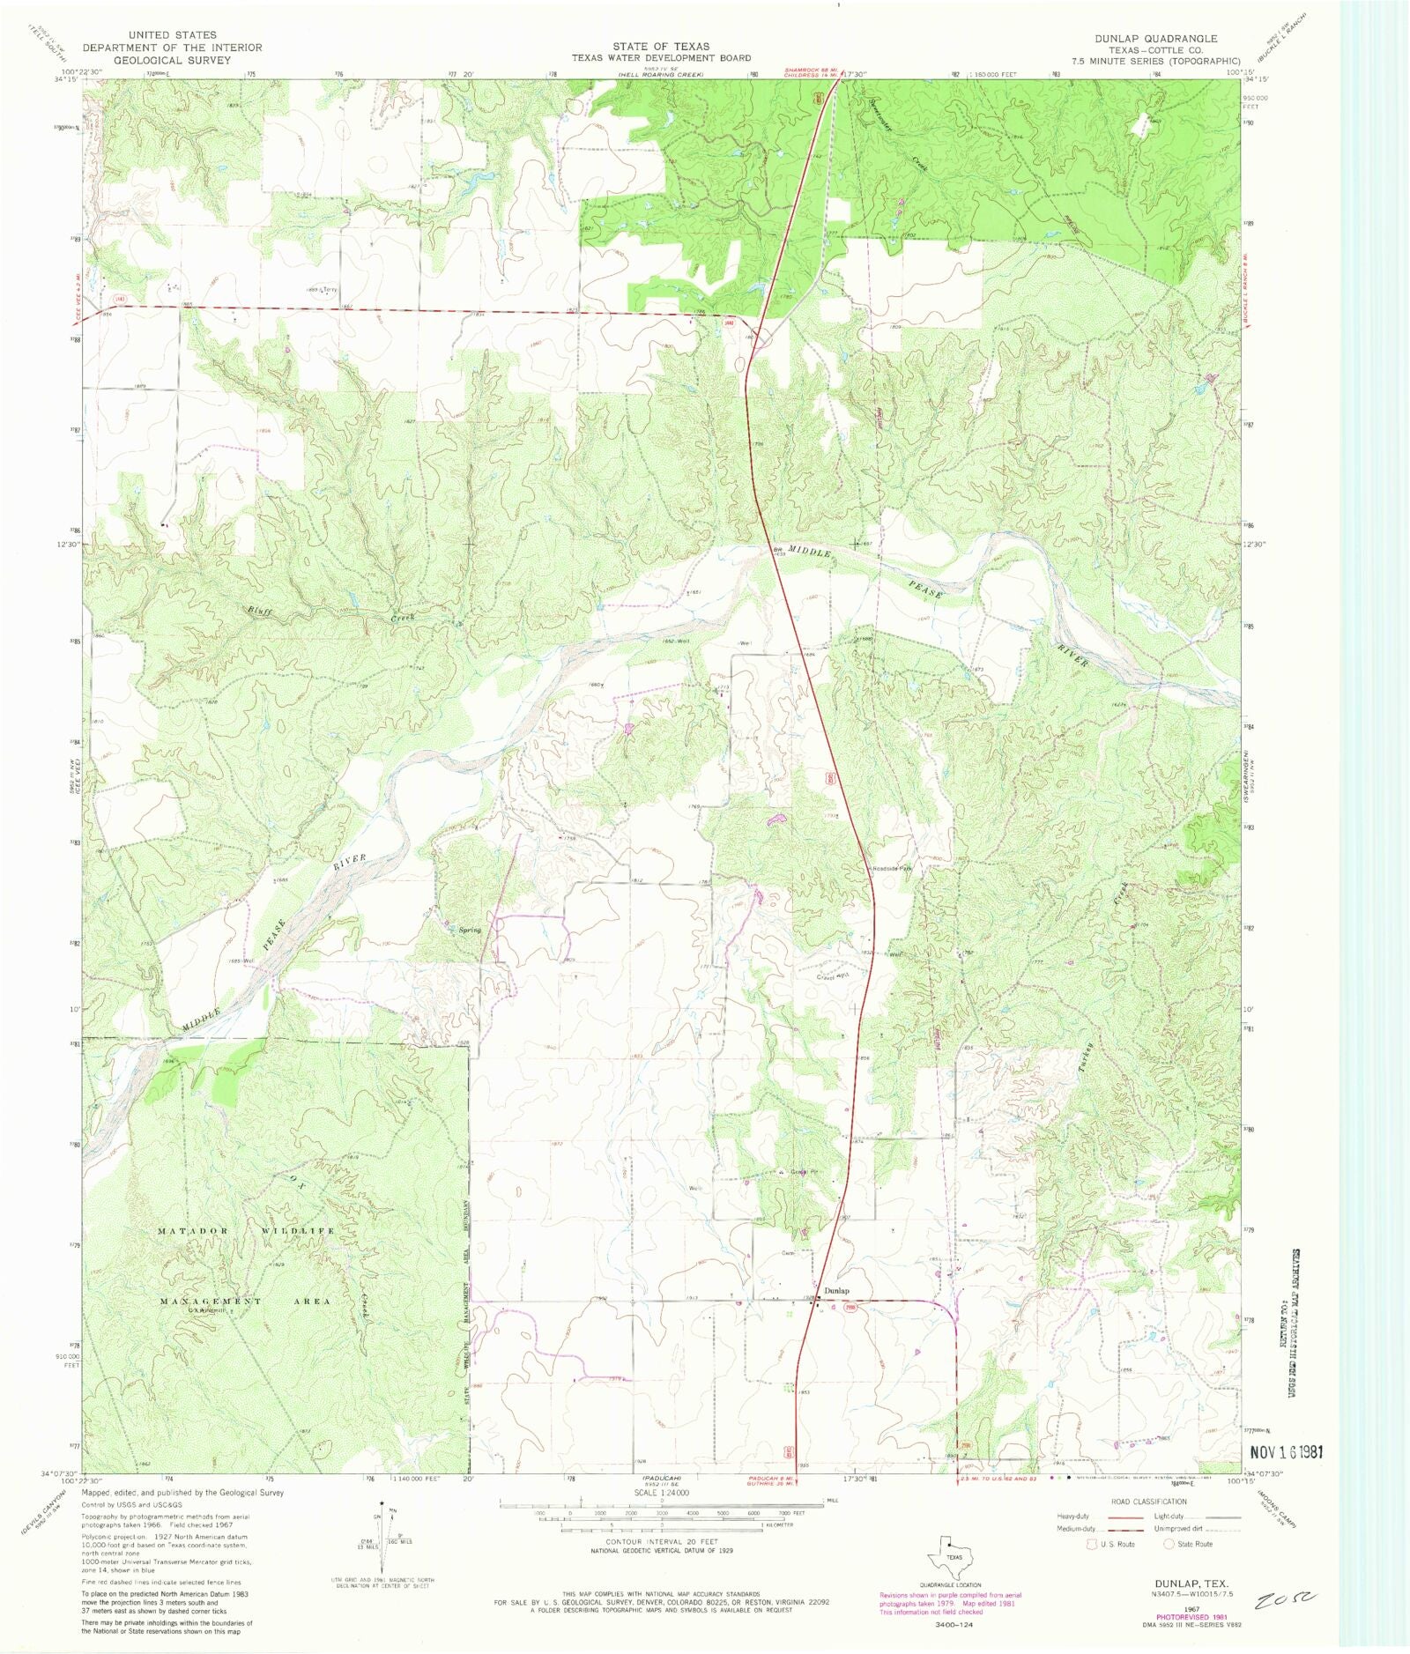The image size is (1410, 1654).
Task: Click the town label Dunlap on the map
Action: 837,1291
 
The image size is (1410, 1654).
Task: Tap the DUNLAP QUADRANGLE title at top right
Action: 1155,39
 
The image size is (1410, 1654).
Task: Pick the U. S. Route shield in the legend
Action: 1092,1544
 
